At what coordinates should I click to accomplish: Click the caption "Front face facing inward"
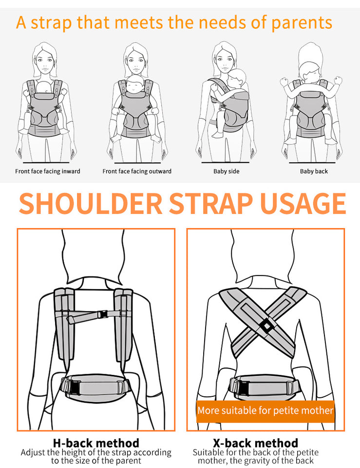tap(48, 171)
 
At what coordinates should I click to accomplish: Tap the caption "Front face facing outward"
tap(137, 171)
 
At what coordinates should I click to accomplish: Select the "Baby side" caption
tap(226, 171)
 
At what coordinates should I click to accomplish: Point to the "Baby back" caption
tap(314, 171)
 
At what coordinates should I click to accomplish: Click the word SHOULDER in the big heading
tap(90, 204)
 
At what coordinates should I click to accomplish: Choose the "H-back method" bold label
tap(95, 443)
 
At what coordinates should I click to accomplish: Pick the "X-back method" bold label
tap(256, 443)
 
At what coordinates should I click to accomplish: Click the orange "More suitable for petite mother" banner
tap(265, 410)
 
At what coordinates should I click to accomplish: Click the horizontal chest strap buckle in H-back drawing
tap(103, 314)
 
